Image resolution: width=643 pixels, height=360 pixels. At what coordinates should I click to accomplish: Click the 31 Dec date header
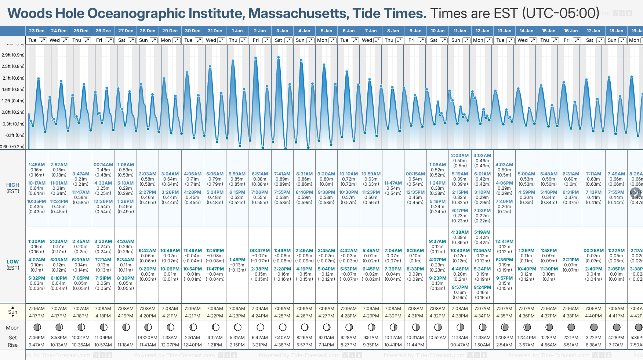[x=215, y=31]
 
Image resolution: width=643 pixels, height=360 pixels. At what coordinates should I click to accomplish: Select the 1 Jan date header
[x=237, y=31]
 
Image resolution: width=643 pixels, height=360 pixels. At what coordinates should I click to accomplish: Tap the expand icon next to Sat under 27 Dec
[x=131, y=40]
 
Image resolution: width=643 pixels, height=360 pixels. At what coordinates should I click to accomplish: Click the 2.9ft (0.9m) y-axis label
[x=13, y=55]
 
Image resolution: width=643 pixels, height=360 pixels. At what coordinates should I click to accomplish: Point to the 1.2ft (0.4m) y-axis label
[x=13, y=101]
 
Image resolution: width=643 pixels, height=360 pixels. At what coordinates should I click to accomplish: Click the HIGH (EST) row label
[x=13, y=188]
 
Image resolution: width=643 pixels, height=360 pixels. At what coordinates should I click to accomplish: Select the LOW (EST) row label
[x=13, y=265]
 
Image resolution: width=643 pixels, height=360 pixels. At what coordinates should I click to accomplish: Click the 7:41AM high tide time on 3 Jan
[x=282, y=174]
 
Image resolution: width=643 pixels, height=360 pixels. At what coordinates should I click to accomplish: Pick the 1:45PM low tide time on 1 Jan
[x=237, y=260]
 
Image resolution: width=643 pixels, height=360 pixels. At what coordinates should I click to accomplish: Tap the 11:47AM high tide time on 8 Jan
[x=393, y=183]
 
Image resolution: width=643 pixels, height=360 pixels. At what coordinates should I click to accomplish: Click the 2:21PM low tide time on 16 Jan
[x=571, y=260]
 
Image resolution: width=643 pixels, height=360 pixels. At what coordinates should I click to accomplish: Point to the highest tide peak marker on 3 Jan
[x=279, y=57]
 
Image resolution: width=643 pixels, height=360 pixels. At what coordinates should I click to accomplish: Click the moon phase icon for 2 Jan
[x=260, y=327]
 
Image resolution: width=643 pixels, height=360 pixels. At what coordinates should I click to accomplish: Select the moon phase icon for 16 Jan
[x=571, y=327]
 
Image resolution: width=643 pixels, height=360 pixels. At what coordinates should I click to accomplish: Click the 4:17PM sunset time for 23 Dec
[x=36, y=316]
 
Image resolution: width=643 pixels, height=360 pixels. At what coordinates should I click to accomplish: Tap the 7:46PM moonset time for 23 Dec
[x=36, y=338]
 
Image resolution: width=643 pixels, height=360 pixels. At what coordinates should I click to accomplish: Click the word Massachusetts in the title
[x=298, y=13]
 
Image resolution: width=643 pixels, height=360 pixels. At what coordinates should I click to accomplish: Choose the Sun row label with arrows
[x=13, y=312]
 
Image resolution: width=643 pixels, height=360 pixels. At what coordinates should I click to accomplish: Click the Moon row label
[x=13, y=328]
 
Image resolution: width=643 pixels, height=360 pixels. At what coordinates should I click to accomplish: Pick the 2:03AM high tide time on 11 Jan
[x=460, y=156]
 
